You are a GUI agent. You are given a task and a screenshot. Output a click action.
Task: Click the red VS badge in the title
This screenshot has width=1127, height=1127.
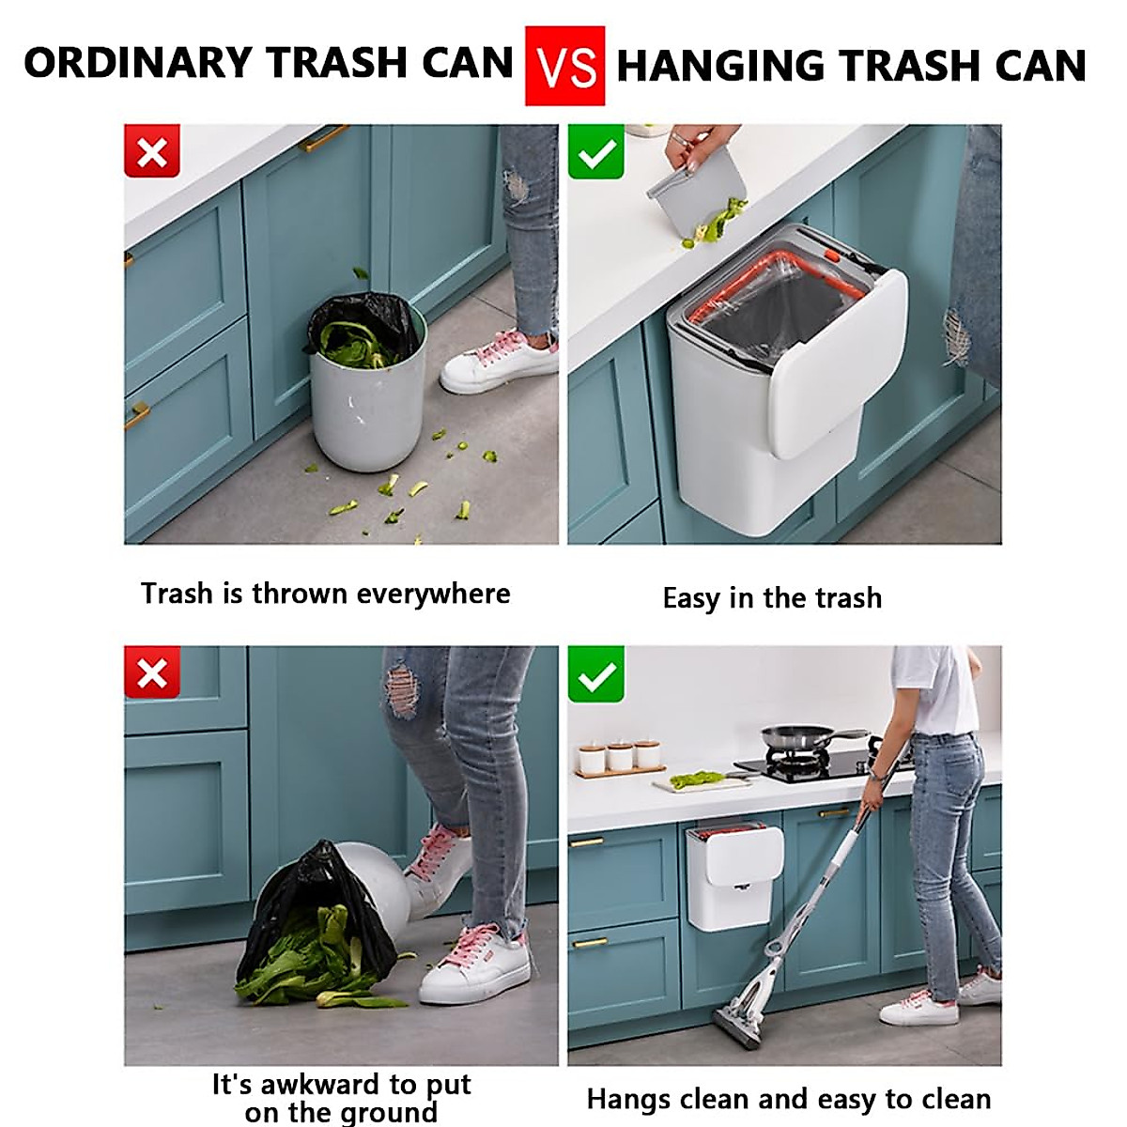pyautogui.click(x=564, y=66)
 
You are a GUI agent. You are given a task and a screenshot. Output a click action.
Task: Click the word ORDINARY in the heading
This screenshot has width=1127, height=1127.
pyautogui.click(x=137, y=63)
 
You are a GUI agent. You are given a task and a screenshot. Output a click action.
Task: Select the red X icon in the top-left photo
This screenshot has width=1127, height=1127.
pyautogui.click(x=152, y=152)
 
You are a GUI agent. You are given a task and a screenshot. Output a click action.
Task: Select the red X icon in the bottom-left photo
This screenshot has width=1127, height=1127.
pyautogui.click(x=152, y=674)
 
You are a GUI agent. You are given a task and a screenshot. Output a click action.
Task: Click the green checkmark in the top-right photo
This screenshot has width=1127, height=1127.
pyautogui.click(x=596, y=152)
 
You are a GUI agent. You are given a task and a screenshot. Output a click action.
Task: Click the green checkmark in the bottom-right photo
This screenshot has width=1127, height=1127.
pyautogui.click(x=596, y=674)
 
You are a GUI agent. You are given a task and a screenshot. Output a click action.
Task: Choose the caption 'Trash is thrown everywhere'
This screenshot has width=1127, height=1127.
pyautogui.click(x=326, y=594)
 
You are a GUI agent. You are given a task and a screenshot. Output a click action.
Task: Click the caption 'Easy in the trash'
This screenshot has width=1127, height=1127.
pyautogui.click(x=772, y=598)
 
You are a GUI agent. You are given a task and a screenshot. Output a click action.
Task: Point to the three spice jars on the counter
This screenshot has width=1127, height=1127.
pyautogui.click(x=620, y=756)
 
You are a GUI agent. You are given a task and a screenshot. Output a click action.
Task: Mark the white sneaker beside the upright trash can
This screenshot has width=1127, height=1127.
pyautogui.click(x=498, y=362)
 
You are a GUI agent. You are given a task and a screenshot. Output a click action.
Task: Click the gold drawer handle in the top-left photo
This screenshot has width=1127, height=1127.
pyautogui.click(x=325, y=139)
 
